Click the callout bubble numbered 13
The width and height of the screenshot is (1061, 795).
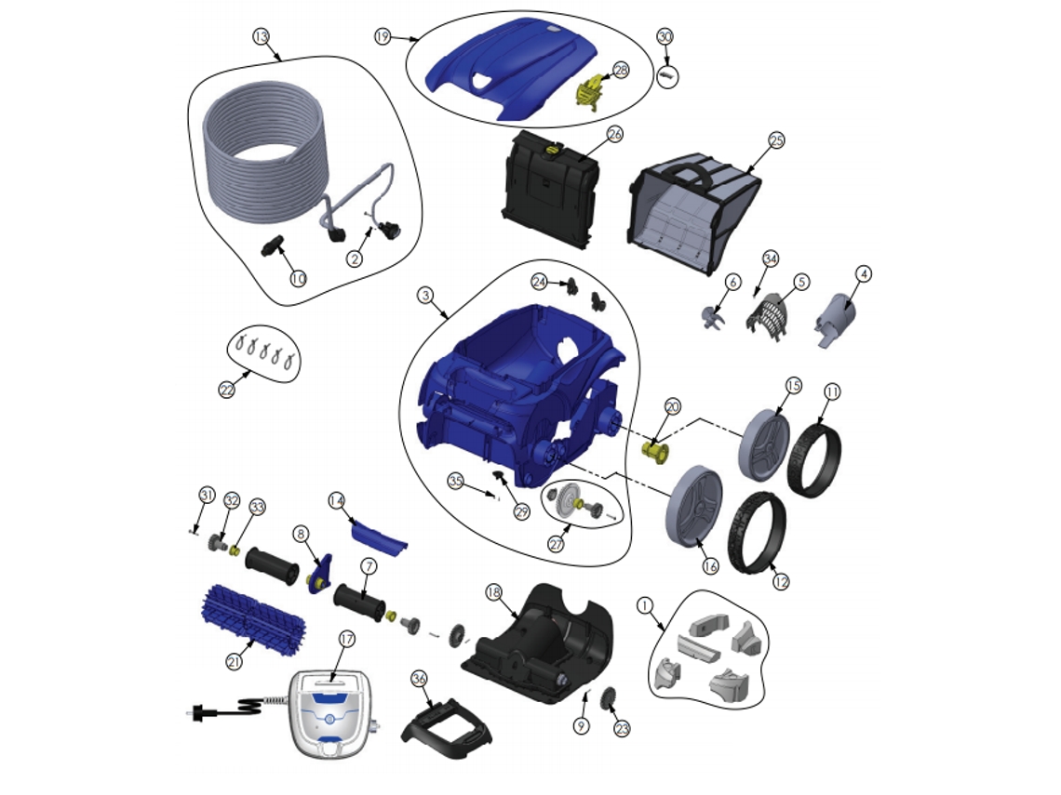pos(262,36)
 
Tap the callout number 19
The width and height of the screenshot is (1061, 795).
pos(383,36)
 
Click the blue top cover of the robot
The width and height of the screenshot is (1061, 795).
pos(512,73)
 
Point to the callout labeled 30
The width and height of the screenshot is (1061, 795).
pos(665,36)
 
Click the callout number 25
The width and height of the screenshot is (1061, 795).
pos(776,140)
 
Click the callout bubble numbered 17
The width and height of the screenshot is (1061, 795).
pos(346,639)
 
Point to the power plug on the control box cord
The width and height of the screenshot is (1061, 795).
pos(197,712)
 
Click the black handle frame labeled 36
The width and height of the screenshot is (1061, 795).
pos(447,722)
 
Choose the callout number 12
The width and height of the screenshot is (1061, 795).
pos(780,581)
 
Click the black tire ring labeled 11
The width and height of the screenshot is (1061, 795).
pos(814,452)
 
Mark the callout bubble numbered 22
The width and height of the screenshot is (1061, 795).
pos(227,390)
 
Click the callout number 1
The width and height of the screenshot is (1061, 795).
pos(646,605)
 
